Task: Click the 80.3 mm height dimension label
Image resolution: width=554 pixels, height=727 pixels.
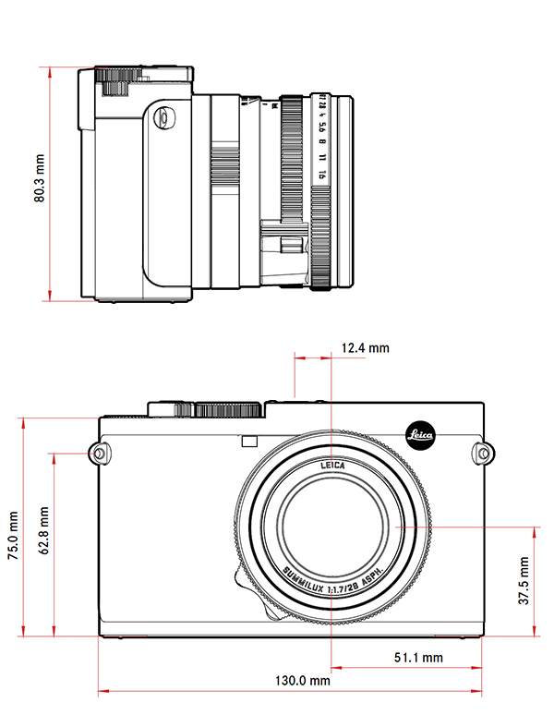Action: click(39, 183)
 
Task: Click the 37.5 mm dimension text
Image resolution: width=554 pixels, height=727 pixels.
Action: click(524, 579)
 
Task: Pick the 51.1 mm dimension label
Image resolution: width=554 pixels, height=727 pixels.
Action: click(417, 658)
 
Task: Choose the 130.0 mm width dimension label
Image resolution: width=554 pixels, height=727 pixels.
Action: click(304, 681)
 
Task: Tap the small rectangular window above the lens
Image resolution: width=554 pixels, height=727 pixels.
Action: click(247, 442)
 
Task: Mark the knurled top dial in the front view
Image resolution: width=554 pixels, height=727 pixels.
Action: click(228, 408)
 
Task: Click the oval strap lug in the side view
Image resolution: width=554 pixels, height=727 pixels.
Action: click(163, 117)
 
